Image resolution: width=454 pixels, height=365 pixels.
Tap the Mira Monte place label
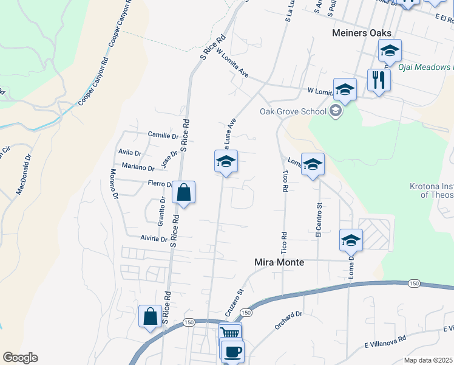coord(278,262)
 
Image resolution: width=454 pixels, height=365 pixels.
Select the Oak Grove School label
coord(293,111)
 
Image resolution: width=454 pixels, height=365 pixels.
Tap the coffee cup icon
coord(232,351)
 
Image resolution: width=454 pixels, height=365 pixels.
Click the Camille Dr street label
coord(163,134)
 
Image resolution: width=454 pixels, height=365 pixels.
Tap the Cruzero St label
coord(235,302)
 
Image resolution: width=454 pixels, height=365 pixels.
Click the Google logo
coord(20,358)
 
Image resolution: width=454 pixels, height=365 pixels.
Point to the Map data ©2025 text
coord(428,360)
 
